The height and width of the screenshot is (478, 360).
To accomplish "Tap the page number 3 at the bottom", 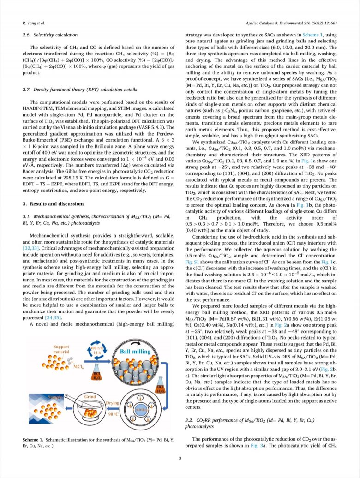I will pyautogui.click(x=180, y=458).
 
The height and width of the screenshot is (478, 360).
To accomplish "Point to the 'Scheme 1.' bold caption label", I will pyautogui.click(x=34, y=440).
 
